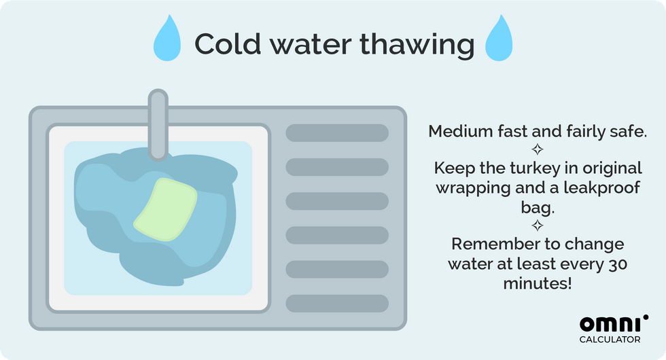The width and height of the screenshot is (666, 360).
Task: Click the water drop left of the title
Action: pyautogui.click(x=167, y=39)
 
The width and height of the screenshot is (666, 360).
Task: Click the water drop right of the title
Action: pyautogui.click(x=499, y=39)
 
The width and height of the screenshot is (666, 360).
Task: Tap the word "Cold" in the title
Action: pyautogui.click(x=228, y=43)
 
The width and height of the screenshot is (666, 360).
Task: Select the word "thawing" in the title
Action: pyautogui.click(x=417, y=45)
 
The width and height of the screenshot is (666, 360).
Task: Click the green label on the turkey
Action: pyautogui.click(x=166, y=209)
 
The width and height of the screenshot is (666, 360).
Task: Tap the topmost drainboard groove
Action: pyautogui.click(x=337, y=133)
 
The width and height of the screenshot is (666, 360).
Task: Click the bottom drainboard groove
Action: pyautogui.click(x=337, y=304)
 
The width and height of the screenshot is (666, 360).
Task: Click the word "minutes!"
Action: pyautogui.click(x=538, y=283)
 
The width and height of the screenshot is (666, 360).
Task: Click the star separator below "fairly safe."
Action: pyautogui.click(x=538, y=149)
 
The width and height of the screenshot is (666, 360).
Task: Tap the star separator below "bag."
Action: pyautogui.click(x=538, y=225)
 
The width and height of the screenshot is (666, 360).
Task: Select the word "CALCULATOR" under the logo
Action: pyautogui.click(x=610, y=339)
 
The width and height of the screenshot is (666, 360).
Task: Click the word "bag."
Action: pyautogui.click(x=538, y=208)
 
